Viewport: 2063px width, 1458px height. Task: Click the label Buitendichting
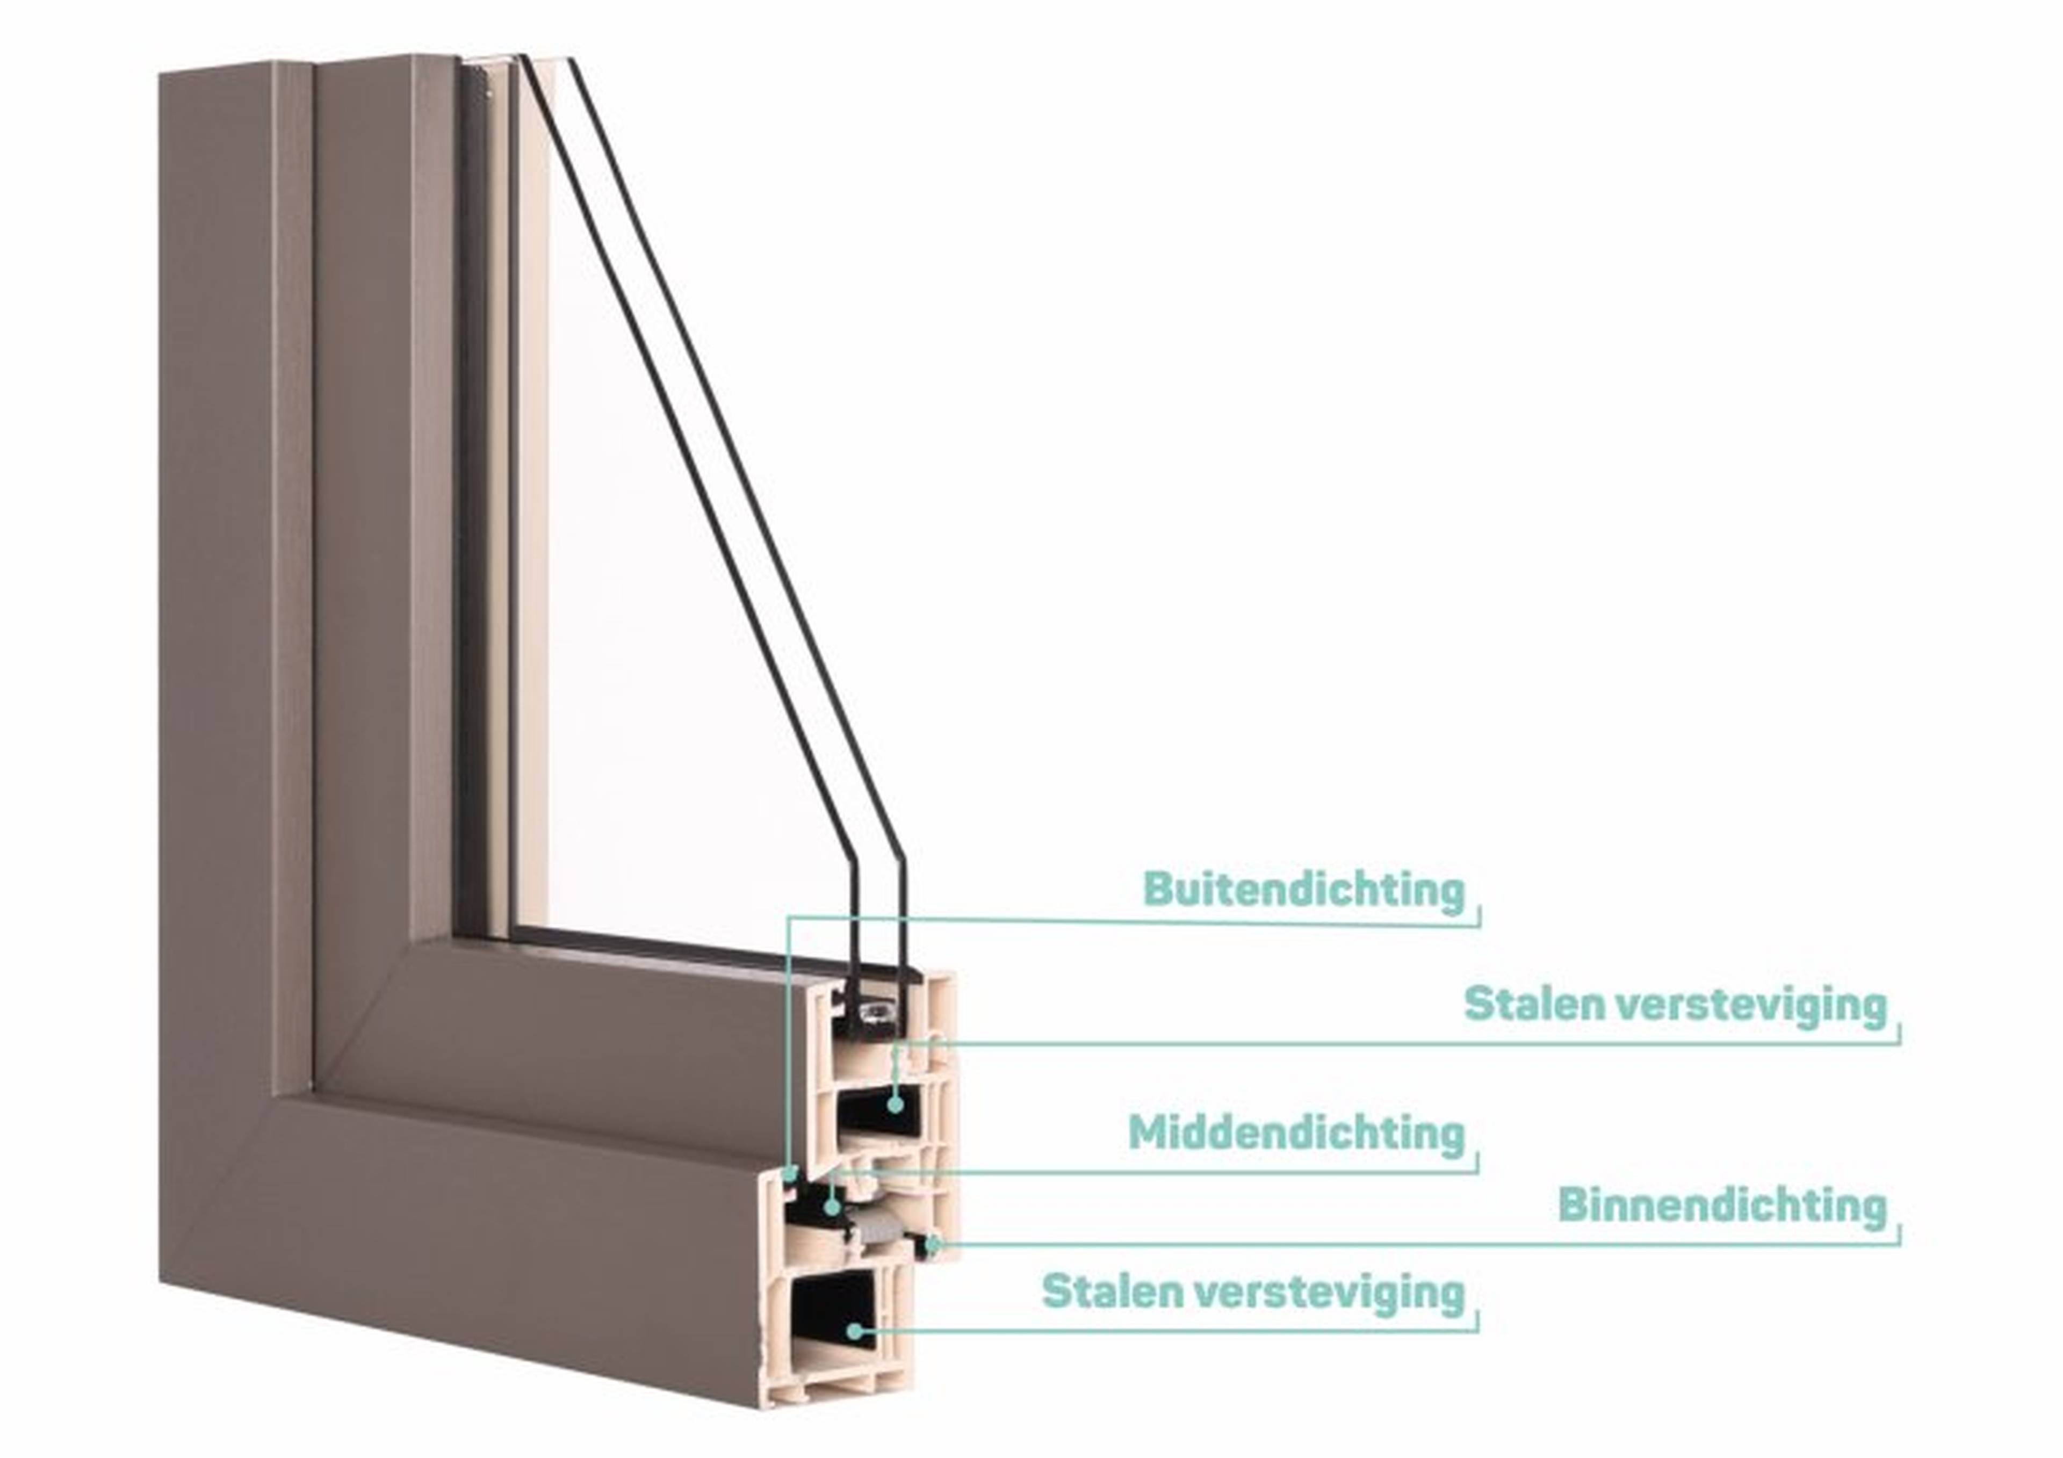[x=1304, y=889]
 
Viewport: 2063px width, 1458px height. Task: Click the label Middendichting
[x=1296, y=1133]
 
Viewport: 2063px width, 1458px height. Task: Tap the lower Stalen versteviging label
[x=1253, y=1292]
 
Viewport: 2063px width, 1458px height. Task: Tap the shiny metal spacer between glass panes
[x=874, y=1013]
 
